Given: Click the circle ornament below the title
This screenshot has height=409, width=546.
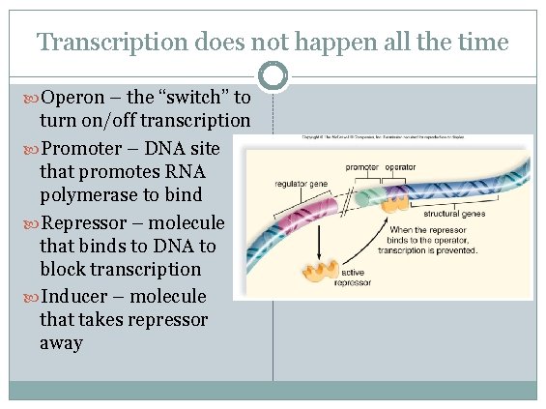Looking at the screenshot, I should tap(274, 75).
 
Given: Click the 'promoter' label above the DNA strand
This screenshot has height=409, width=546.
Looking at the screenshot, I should tap(361, 167).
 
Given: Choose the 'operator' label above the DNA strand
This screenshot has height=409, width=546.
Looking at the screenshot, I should tap(400, 167).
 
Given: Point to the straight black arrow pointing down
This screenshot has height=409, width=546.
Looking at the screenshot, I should tap(314, 242).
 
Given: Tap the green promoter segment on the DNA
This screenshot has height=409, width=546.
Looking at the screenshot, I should tap(365, 196).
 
